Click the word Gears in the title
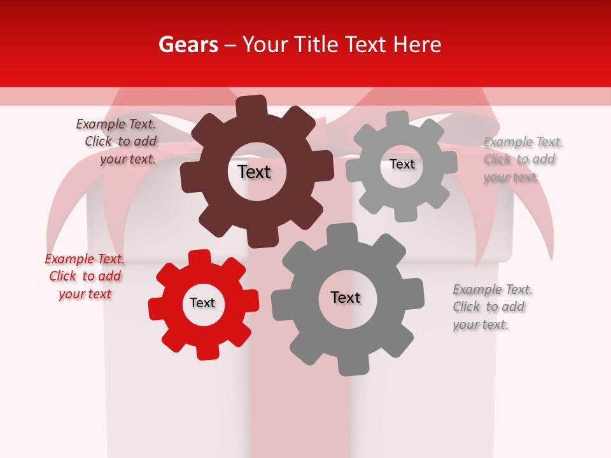188,45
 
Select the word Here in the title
417,45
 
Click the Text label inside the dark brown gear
255,172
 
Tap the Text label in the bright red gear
202,303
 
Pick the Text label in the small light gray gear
402,164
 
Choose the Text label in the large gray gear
346,297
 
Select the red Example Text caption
85,276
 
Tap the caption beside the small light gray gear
521,159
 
